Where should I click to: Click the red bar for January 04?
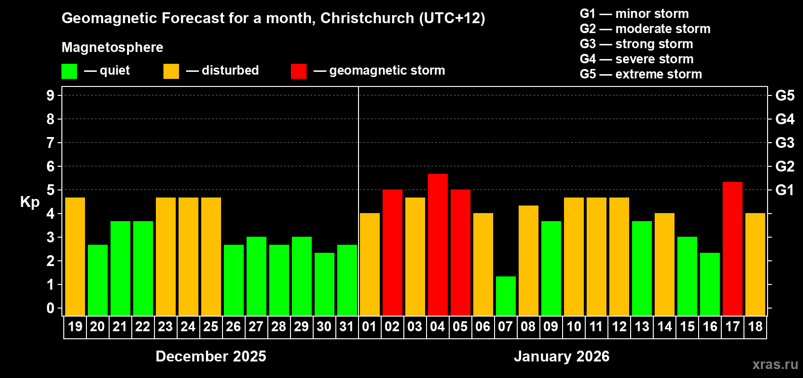(438, 245)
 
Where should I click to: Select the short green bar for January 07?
(506, 296)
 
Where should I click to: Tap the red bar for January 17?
(733, 249)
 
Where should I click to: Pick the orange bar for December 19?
(75, 257)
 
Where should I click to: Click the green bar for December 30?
(325, 284)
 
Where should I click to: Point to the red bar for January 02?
(393, 252)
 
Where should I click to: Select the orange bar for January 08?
(529, 260)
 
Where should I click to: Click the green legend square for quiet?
(69, 71)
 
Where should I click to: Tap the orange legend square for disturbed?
(171, 71)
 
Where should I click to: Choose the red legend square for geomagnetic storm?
(299, 71)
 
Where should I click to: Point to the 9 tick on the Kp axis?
(51, 95)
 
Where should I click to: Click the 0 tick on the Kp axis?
(51, 309)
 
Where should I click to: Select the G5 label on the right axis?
(785, 95)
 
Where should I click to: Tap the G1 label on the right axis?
(785, 190)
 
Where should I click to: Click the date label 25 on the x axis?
(211, 326)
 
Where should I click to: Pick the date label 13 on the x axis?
(642, 326)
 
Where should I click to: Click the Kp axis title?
(30, 202)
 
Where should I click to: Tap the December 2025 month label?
(211, 356)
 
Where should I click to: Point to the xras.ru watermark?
(775, 364)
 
